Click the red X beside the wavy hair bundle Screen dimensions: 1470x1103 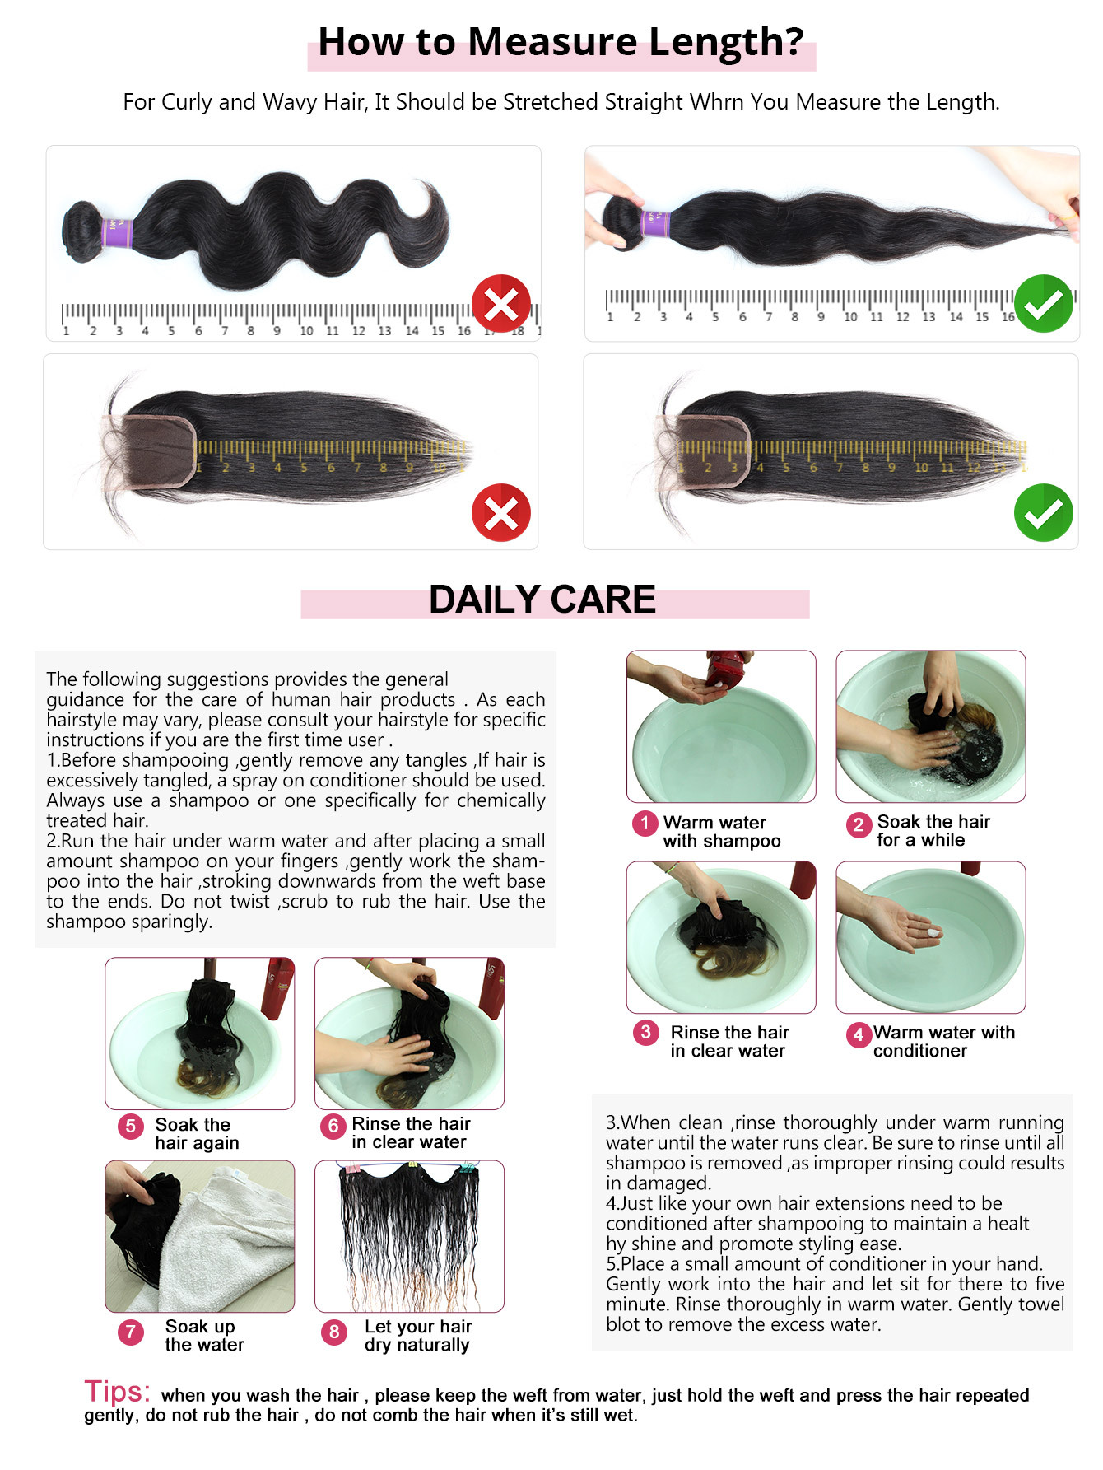[500, 304]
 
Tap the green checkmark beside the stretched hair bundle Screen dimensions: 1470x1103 [1043, 304]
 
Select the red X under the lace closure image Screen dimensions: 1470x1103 [500, 512]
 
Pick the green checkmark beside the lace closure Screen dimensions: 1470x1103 [1043, 512]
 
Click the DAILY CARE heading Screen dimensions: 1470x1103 [542, 600]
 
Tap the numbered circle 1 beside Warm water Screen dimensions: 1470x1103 [645, 823]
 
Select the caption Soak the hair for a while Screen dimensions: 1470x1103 [933, 831]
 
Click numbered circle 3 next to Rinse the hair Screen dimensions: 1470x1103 [645, 1032]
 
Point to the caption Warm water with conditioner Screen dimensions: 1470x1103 [943, 1042]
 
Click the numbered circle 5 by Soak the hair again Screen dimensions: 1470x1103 [130, 1126]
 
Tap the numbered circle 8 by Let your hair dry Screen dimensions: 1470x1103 [333, 1332]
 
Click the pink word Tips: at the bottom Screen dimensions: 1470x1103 [117, 1392]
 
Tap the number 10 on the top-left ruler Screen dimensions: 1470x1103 [306, 331]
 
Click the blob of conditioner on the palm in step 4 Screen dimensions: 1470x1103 [933, 932]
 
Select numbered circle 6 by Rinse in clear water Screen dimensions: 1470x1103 [333, 1126]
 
